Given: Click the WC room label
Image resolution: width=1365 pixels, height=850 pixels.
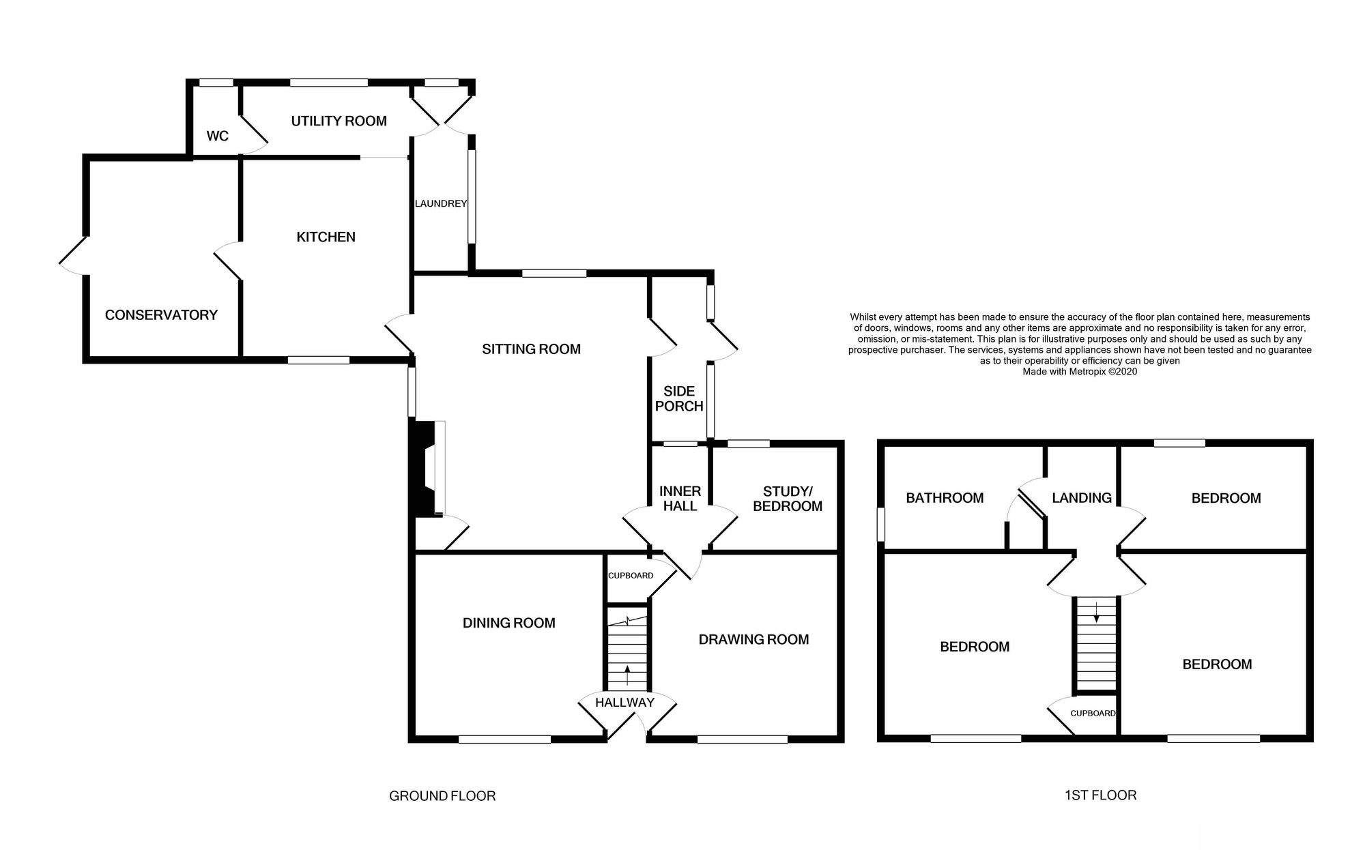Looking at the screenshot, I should pos(217,136).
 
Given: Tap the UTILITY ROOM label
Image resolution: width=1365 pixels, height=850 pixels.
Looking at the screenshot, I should pos(339,121).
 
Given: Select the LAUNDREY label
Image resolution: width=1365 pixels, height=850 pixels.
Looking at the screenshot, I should pos(440,203).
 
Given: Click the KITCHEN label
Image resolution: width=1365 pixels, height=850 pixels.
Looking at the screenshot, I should pos(326,237).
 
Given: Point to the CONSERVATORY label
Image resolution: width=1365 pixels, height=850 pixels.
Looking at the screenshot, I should pos(161,314).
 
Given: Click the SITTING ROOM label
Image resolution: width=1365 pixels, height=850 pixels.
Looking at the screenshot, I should pos(531,349).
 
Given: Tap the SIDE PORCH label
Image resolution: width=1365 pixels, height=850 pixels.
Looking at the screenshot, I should pos(678,398).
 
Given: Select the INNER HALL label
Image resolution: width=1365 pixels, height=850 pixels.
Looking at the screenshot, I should pos(680,498).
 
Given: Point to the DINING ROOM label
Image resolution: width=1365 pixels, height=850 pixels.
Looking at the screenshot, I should pos(508,622).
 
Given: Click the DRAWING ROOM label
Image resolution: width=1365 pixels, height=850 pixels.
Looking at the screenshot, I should pos(753,639).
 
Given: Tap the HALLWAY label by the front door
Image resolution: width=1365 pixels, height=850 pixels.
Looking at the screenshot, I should pos(624,702).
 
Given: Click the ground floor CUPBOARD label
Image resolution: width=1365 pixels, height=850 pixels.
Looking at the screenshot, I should pos(631,575).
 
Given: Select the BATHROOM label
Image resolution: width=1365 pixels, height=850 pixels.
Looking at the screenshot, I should pos(945,497).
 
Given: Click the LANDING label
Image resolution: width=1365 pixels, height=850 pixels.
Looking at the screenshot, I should pos(1081,497).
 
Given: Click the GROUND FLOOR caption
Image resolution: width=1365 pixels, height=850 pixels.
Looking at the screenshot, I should pos(442,795).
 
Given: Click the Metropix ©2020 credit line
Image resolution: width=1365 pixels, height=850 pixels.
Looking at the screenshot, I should pos(1080,372).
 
